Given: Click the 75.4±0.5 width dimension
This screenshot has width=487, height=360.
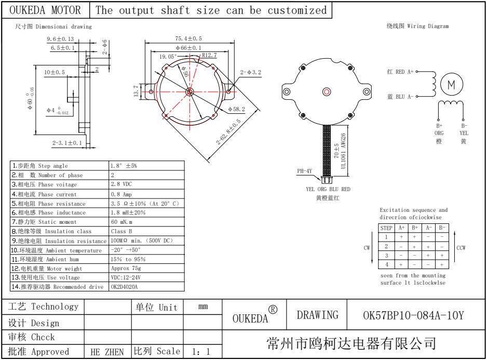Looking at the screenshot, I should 189,38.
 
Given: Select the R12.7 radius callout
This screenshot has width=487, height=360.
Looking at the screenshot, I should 210,55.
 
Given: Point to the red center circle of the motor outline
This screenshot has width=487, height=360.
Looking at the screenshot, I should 326,92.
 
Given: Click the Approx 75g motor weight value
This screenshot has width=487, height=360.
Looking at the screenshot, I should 126,269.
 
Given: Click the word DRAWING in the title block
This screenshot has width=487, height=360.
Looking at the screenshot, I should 318,315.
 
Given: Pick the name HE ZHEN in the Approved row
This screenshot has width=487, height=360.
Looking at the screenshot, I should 107,352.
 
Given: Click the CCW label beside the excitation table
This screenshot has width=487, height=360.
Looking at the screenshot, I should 461,248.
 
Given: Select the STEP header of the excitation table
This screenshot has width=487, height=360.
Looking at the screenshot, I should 386,228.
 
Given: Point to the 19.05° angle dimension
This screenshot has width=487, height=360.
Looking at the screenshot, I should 168,56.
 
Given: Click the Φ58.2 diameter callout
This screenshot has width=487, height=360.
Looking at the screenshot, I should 236,109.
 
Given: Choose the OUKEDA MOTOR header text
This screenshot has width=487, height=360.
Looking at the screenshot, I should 45,10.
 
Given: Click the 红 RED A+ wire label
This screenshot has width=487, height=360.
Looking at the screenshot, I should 400,72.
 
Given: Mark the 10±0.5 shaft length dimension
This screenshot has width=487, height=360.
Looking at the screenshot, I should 54,72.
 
